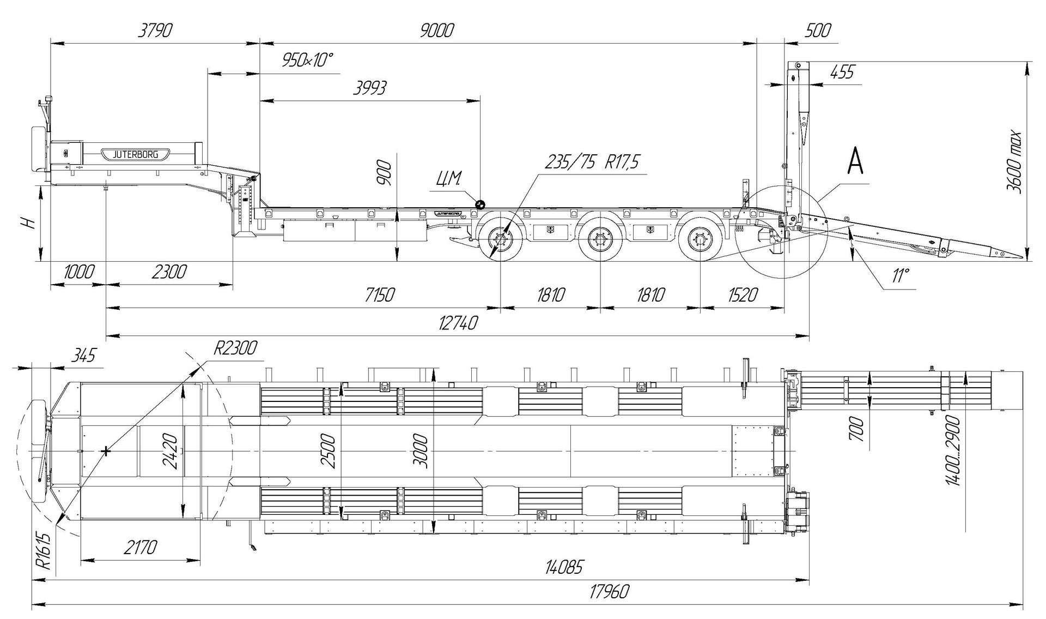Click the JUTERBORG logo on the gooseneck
point(135,154)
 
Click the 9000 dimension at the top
point(437,31)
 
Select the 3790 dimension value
point(154,31)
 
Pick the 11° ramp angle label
point(900,275)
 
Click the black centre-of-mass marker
point(481,204)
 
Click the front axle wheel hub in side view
point(500,241)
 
